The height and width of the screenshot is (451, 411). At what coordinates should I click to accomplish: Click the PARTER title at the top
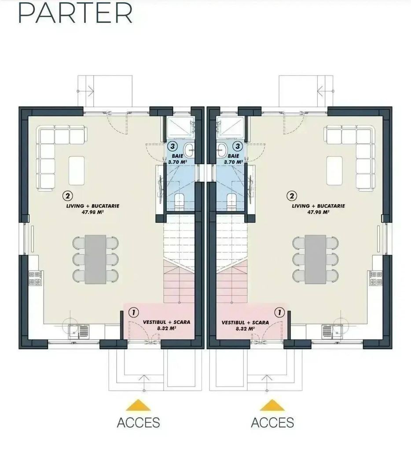(x=75, y=13)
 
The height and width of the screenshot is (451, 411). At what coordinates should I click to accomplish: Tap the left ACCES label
(x=138, y=422)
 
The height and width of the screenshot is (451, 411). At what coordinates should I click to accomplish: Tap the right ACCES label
(x=272, y=422)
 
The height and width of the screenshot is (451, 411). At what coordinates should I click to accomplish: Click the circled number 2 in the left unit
(x=68, y=196)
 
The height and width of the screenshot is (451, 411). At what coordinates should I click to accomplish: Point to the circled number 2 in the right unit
(x=292, y=196)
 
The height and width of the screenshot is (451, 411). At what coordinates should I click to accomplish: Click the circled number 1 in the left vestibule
(x=134, y=312)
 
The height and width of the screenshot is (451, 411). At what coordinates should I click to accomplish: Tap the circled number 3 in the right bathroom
(x=237, y=146)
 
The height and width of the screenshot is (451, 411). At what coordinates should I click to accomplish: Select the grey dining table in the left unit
(x=95, y=259)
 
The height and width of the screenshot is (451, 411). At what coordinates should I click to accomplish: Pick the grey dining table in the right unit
(x=316, y=259)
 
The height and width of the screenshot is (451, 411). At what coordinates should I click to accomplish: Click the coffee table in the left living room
(x=77, y=170)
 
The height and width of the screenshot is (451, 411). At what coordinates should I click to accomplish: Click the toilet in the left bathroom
(x=180, y=201)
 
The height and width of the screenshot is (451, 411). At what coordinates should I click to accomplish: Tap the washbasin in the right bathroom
(x=222, y=150)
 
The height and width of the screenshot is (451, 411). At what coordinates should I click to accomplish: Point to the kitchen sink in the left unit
(x=79, y=332)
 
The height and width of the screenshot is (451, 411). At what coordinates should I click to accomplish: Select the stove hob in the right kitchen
(x=376, y=278)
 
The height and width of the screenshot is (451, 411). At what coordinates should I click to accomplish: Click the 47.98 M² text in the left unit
(x=93, y=212)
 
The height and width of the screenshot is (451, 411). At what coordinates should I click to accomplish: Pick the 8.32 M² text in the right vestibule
(x=245, y=329)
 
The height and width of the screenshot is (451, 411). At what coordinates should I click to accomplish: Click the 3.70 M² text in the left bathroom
(x=178, y=162)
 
